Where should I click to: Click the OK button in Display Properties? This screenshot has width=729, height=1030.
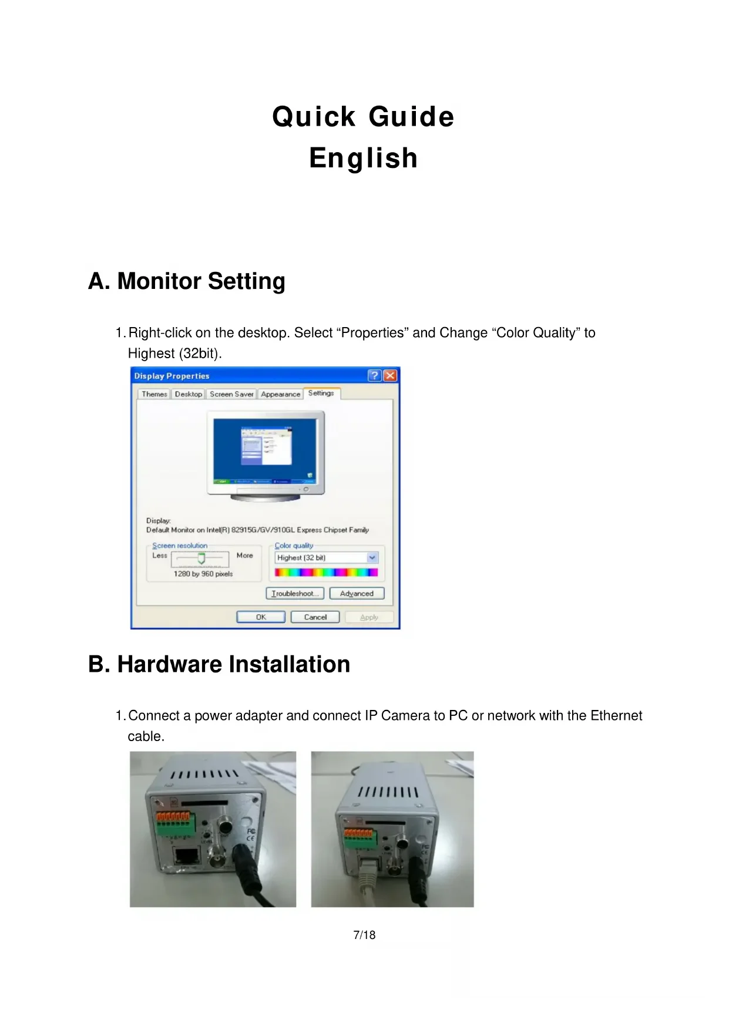point(261,617)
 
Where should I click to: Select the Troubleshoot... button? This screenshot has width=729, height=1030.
point(295,594)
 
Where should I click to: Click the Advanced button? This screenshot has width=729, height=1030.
point(357,594)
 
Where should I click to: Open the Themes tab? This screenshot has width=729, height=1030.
point(154,394)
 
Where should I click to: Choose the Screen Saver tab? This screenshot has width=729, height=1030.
point(231,394)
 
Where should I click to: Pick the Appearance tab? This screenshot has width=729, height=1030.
point(280,394)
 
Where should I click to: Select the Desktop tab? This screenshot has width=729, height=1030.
point(189,394)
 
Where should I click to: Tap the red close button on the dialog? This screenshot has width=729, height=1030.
point(390,376)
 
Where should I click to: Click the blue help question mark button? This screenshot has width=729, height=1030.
point(375,376)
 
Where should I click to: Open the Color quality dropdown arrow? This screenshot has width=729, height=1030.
point(372,558)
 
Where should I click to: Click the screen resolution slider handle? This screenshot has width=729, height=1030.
point(201,558)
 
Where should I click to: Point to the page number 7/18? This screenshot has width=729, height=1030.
point(364,935)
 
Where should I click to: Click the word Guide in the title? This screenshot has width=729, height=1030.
point(411,117)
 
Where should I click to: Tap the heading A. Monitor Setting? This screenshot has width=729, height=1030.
point(187,281)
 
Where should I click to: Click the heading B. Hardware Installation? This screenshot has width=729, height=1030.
point(219,664)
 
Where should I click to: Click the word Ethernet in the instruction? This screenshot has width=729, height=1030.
point(616,716)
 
